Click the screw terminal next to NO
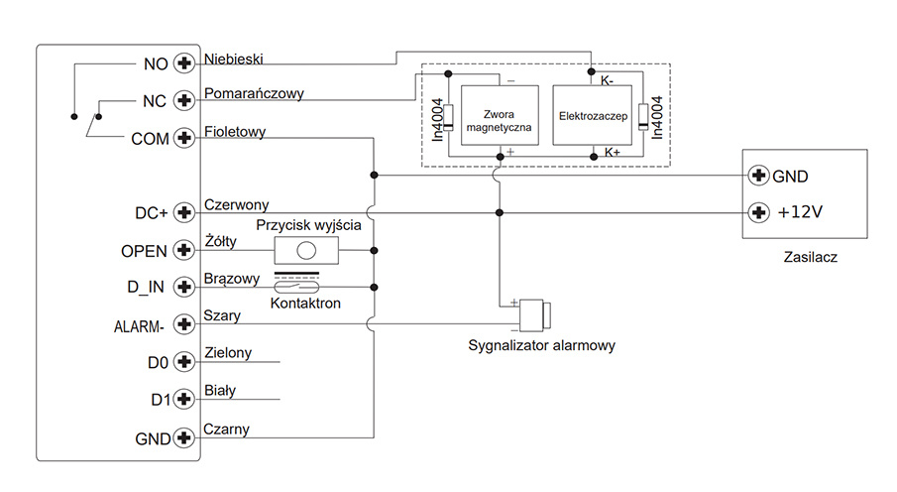183,63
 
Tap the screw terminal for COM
183,138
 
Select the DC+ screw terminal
183,212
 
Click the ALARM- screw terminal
183,324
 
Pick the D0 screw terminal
183,361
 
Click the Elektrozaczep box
594,115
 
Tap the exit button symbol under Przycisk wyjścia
306,250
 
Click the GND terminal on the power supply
759,177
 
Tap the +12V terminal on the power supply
759,212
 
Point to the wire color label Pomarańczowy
254,94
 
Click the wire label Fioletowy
234,131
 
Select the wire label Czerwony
236,205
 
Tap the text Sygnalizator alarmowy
542,346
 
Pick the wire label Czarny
226,430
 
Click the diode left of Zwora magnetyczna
448,116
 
